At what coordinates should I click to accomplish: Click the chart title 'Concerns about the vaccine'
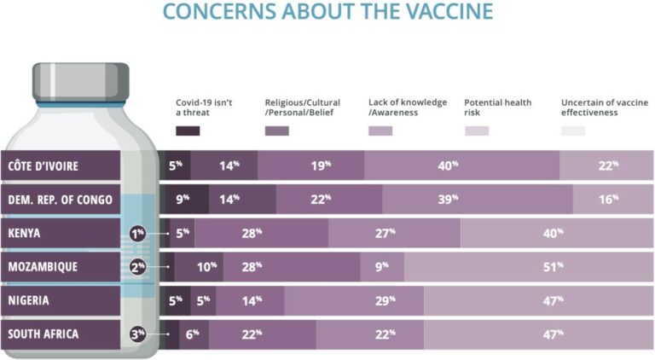[x=327, y=11]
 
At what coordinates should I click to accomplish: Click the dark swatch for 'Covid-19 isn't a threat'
[x=188, y=131]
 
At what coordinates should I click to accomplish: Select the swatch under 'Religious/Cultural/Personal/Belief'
[x=277, y=131]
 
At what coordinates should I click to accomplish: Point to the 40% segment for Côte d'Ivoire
[x=461, y=165]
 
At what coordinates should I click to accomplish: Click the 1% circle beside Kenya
[x=137, y=233]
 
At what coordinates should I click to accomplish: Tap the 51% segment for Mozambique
[x=529, y=266]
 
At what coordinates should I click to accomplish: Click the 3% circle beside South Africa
[x=137, y=334]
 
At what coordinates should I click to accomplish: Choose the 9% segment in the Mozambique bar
[x=382, y=266]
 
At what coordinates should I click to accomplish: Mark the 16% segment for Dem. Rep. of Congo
[x=613, y=199]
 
